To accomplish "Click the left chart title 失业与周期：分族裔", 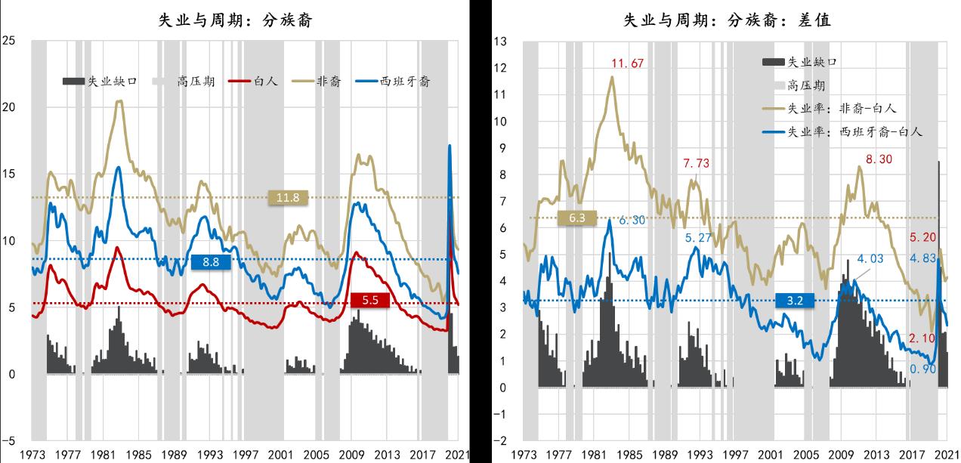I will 235,21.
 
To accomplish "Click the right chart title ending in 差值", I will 727,21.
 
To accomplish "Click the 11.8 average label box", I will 288,198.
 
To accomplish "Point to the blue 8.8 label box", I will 210,262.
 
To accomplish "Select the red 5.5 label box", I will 369,301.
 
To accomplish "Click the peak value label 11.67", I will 629,63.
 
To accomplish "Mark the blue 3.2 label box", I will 795,301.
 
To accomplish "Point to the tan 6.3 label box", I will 577,218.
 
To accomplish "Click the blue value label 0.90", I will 924,369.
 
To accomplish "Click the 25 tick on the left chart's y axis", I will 10,41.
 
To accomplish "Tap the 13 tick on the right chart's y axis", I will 499,41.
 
